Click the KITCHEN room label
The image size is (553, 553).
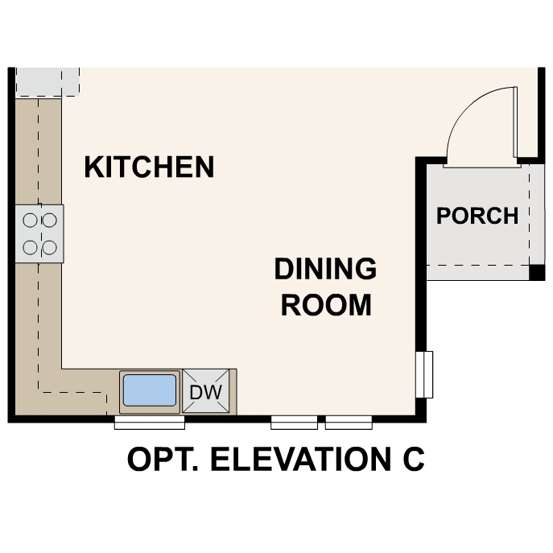click(149, 167)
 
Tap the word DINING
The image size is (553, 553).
click(325, 269)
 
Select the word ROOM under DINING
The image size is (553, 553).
click(325, 305)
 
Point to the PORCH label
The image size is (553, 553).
click(477, 216)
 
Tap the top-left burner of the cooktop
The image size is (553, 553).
click(31, 217)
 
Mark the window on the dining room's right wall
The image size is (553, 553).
click(425, 375)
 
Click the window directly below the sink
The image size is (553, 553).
click(149, 422)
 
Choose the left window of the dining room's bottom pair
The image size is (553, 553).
click(294, 422)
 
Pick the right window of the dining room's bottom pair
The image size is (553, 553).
click(349, 422)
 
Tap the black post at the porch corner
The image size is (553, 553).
click(536, 272)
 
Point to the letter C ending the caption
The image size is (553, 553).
click(411, 460)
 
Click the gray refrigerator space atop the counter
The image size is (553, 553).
click(47, 81)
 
